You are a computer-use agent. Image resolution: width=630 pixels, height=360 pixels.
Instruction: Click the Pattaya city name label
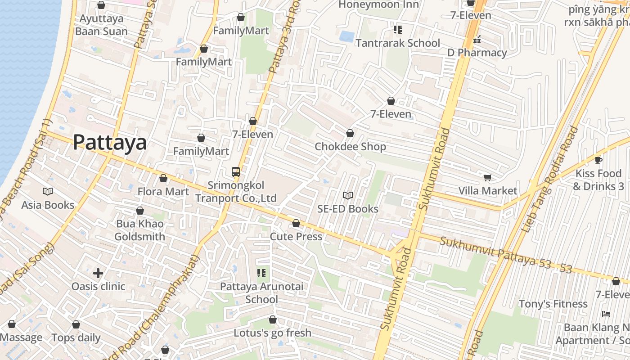pyautogui.click(x=110, y=142)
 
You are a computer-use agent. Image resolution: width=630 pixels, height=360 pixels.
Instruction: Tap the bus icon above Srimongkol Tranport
pyautogui.click(x=235, y=171)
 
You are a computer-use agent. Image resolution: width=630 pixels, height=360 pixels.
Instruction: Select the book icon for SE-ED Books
pyautogui.click(x=347, y=195)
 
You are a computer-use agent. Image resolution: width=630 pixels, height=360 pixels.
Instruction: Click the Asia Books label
pyautogui.click(x=48, y=205)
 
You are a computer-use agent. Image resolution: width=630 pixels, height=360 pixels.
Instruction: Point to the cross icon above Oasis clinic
pyautogui.click(x=98, y=273)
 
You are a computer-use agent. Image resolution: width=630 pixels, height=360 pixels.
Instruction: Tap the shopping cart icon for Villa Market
pyautogui.click(x=487, y=177)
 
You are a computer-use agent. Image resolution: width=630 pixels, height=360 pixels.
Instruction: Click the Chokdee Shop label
pyautogui.click(x=350, y=147)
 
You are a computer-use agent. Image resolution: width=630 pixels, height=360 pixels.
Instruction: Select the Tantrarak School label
pyautogui.click(x=398, y=43)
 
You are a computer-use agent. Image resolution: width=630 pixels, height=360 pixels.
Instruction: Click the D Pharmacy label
pyautogui.click(x=477, y=53)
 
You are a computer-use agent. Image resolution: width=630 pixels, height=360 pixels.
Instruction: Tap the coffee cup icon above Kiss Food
pyautogui.click(x=598, y=160)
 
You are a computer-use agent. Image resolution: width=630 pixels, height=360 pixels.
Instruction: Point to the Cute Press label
pyautogui.click(x=296, y=237)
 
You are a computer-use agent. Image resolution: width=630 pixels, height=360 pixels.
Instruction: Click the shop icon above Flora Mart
pyautogui.click(x=163, y=178)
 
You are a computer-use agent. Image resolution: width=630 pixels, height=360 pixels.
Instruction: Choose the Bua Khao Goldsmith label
pyautogui.click(x=139, y=230)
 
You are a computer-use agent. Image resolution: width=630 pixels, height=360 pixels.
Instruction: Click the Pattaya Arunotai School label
pyautogui.click(x=261, y=293)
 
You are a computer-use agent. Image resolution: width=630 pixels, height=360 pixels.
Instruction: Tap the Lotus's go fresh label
pyautogui.click(x=272, y=333)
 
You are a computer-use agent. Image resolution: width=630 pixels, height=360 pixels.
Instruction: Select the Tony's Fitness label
pyautogui.click(x=553, y=304)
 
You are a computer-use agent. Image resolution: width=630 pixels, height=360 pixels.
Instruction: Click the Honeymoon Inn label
pyautogui.click(x=378, y=4)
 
